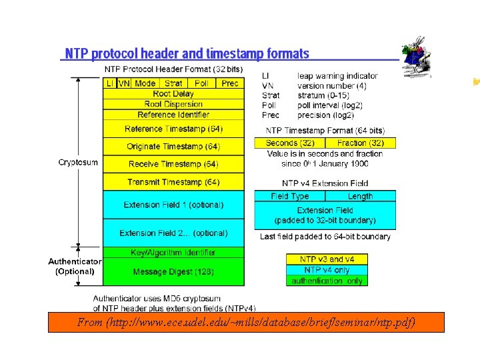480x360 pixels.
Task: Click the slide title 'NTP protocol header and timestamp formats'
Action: coord(187,53)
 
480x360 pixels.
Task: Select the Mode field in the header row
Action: coord(145,83)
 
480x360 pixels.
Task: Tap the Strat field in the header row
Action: coord(173,83)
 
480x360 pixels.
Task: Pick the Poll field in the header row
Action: coord(201,83)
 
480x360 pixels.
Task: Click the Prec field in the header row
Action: coord(230,83)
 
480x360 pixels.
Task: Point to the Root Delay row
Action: coord(173,94)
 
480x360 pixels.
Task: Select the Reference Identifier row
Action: coord(173,115)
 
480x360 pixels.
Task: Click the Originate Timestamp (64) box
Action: coord(173,147)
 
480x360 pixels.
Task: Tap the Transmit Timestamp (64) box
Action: coord(173,182)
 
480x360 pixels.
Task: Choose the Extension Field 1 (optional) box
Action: coord(173,205)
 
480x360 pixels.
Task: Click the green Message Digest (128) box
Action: coord(173,272)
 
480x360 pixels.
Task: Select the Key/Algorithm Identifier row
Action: coord(173,253)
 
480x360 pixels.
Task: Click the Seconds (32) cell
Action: coord(290,143)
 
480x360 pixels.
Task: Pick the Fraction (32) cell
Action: coord(360,143)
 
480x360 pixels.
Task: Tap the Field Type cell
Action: coord(290,196)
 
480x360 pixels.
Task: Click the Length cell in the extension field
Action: coord(360,196)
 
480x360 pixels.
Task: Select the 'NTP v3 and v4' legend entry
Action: coord(327,259)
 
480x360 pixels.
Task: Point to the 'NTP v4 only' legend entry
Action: coord(327,270)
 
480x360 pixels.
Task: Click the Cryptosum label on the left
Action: coord(79,162)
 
